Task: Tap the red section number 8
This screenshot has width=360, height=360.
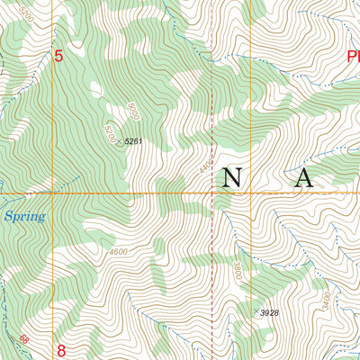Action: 61,350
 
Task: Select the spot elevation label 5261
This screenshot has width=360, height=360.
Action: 134,141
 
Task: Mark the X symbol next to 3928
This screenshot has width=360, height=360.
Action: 255,310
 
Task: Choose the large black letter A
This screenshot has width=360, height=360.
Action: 303,178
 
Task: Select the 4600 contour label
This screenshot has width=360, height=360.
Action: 118,251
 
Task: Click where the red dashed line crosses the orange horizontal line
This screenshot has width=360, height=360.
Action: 212,192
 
